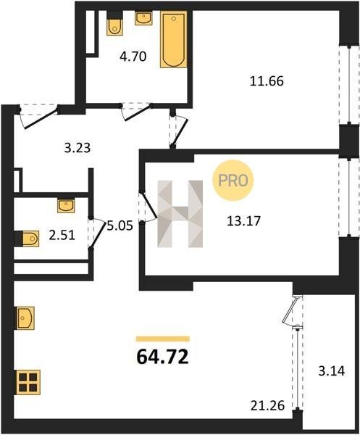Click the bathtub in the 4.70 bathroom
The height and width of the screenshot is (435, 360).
click(174, 39)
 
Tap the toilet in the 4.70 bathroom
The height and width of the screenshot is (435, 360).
click(114, 23)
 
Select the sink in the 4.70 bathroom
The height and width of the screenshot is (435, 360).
click(143, 18)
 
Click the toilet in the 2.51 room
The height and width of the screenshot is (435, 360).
click(27, 239)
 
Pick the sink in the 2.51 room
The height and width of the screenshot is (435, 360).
click(66, 206)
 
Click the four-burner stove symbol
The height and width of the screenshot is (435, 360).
click(28, 382)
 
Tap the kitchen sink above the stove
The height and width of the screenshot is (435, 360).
click(25, 318)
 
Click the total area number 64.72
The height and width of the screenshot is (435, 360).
click(163, 357)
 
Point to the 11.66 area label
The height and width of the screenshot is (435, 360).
click(267, 81)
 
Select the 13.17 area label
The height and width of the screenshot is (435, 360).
click(244, 221)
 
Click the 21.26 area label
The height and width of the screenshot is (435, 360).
click(268, 406)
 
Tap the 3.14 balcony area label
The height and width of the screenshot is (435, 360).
click(332, 371)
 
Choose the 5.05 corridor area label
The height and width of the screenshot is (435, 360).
click(120, 226)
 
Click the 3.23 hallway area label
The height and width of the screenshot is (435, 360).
click(78, 148)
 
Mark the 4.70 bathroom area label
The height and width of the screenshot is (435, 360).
click(133, 57)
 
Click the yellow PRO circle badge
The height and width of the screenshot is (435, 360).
click(233, 181)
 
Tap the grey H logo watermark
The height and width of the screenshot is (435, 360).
click(180, 214)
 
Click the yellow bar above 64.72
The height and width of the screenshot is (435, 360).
click(163, 339)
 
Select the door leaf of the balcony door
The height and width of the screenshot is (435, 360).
click(290, 310)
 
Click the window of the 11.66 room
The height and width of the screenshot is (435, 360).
click(349, 85)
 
